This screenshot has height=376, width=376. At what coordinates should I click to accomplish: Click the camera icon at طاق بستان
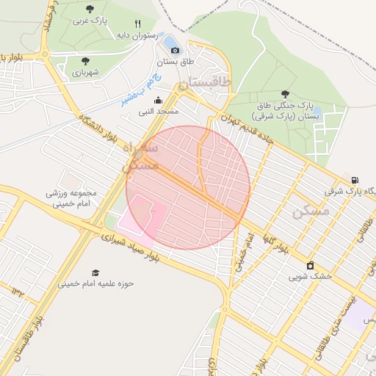point(175,50)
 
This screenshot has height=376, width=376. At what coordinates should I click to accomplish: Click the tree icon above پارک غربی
point(90,10)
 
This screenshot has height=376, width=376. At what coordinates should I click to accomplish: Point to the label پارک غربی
point(90,21)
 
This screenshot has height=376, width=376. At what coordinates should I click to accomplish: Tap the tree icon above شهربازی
point(86,61)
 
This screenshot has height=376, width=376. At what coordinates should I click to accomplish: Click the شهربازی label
point(86,73)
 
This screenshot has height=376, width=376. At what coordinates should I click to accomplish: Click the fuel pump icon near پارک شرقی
point(355,180)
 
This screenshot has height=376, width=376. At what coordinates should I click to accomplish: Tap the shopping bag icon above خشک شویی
point(310,265)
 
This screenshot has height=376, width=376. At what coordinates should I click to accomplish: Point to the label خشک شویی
point(310,277)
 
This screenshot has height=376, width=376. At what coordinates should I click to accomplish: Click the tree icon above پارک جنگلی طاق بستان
point(285,93)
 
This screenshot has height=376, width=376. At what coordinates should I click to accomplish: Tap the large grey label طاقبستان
point(206,83)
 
